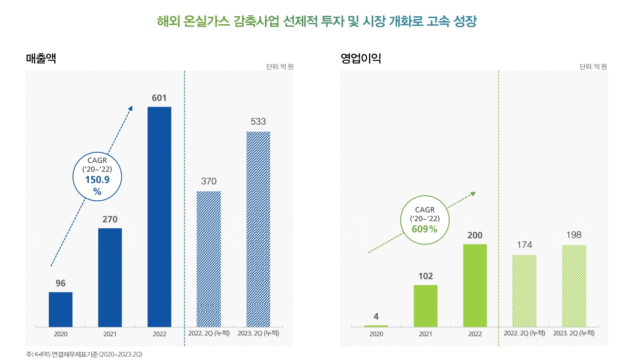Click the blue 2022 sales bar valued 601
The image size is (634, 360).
coord(159,216)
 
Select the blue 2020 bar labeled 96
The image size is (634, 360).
coord(61,309)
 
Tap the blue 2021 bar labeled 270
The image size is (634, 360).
coord(110,277)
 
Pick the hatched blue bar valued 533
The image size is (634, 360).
coord(258,229)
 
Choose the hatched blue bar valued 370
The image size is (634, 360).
coord(209,258)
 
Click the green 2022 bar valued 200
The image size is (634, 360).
coord(475,285)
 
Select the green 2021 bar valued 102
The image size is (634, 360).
coord(425,306)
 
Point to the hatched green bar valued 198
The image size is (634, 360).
coord(574,286)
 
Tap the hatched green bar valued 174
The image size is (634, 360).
coord(524,290)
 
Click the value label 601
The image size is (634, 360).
coord(159,98)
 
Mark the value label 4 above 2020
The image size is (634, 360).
coord(376,317)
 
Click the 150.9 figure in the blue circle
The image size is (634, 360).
coord(97,180)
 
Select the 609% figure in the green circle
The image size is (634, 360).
coord(424,229)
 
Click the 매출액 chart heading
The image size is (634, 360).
coord(41,58)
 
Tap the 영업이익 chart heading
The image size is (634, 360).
coord(361,59)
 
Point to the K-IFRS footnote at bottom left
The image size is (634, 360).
coord(84,355)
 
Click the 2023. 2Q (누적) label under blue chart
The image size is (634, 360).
coord(258,333)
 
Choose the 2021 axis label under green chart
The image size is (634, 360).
coord(425,334)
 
